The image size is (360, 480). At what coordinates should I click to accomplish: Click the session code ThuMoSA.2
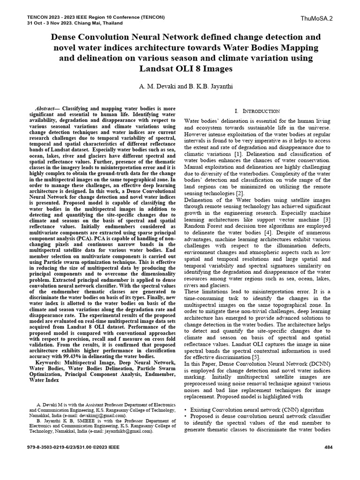tap(317, 18)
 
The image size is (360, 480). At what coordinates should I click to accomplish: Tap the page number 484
tap(328, 447)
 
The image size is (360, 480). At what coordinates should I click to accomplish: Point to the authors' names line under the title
tap(180, 87)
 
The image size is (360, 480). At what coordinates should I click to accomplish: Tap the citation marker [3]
tap(327, 219)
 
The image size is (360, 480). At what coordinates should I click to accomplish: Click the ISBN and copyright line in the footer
tap(74, 447)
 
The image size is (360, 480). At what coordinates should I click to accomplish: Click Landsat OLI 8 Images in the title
tap(186, 68)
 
